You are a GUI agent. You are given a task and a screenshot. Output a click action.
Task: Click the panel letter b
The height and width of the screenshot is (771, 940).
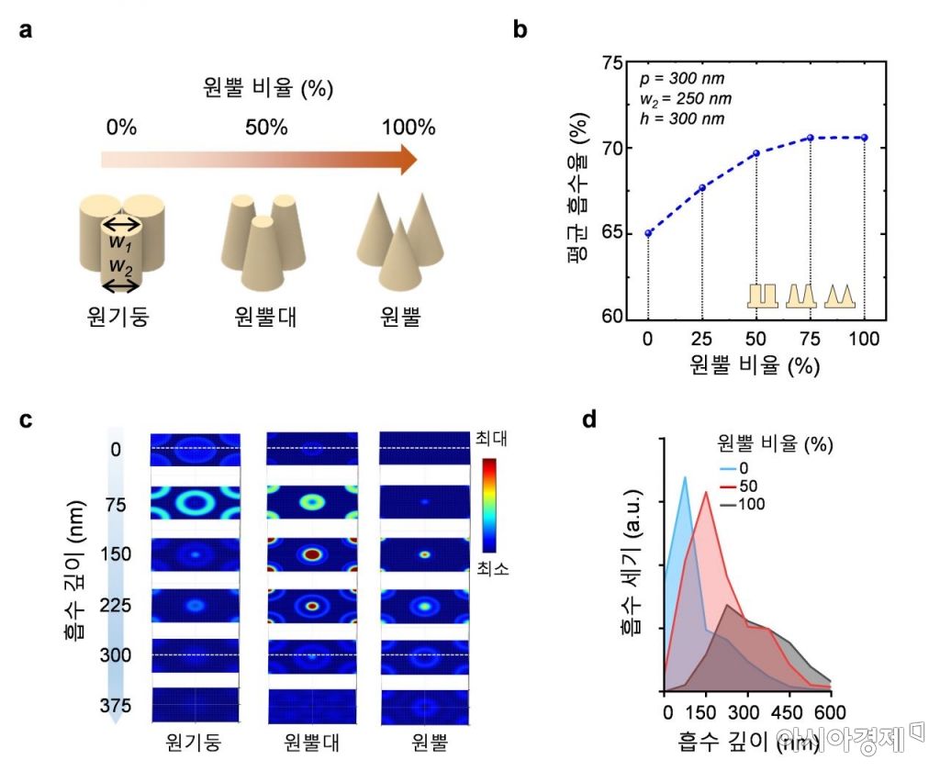(520, 30)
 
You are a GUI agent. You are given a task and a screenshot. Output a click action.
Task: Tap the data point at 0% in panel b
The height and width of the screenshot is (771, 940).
(648, 233)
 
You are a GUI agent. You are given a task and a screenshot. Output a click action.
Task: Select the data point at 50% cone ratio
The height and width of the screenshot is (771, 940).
(756, 153)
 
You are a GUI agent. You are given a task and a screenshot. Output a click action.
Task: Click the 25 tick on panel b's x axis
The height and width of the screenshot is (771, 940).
(702, 339)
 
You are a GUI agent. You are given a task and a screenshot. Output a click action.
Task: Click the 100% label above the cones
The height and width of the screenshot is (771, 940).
(408, 127)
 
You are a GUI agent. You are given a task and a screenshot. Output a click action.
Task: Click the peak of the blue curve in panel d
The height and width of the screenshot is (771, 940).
(685, 477)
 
